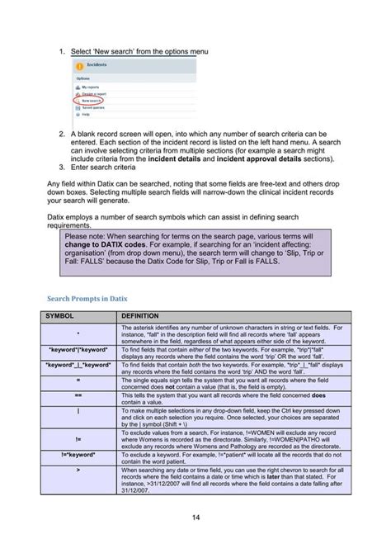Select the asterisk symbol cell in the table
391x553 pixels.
pyautogui.click(x=78, y=334)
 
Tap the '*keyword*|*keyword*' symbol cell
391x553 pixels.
pyautogui.click(x=78, y=350)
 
